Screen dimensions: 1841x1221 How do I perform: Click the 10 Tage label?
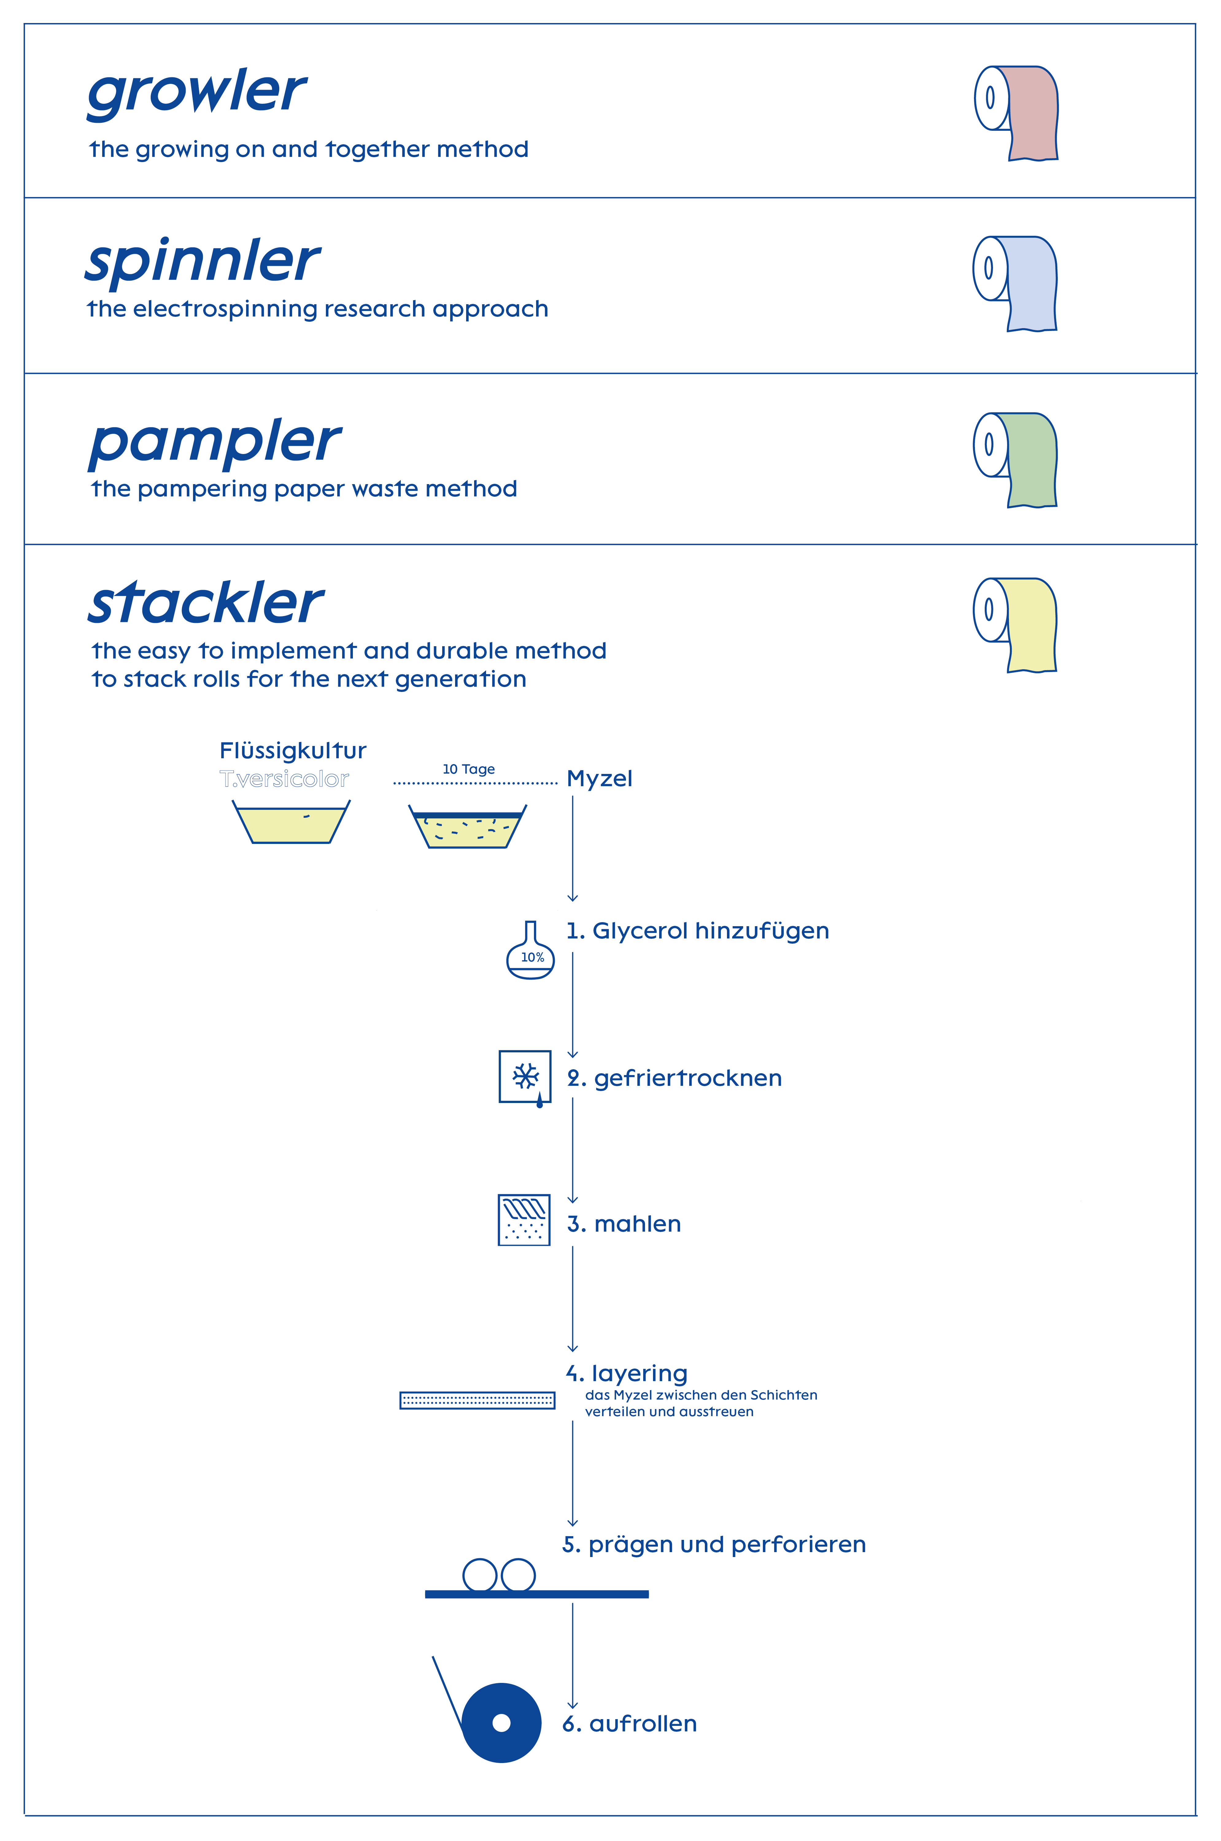(469, 769)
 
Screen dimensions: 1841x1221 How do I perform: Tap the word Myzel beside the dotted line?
(600, 778)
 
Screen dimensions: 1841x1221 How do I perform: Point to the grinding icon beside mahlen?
(524, 1220)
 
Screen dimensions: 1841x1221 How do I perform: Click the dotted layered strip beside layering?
(477, 1400)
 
